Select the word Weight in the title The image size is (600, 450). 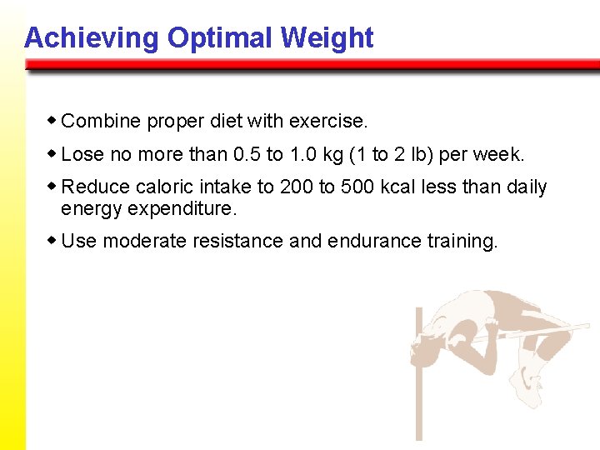(327, 38)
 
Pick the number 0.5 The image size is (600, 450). (247, 155)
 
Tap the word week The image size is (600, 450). (501, 155)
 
